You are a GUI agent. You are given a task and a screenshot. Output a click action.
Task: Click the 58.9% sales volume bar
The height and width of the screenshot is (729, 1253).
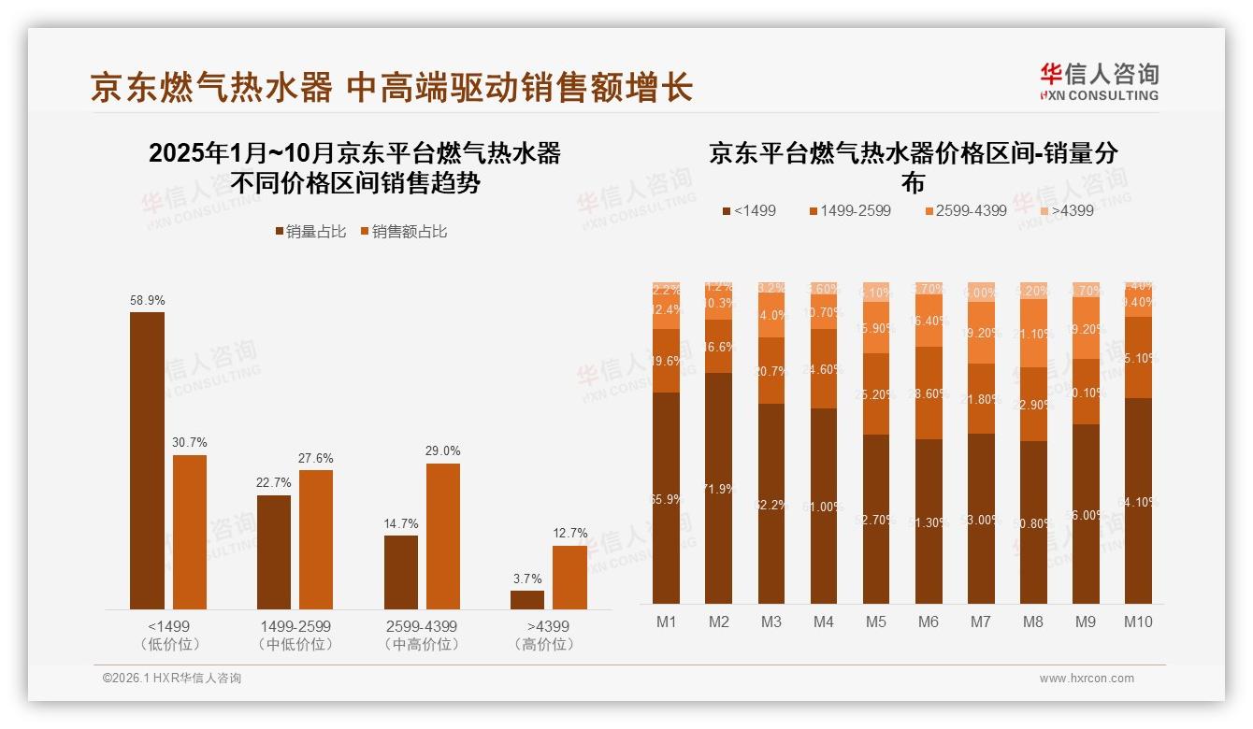point(147,461)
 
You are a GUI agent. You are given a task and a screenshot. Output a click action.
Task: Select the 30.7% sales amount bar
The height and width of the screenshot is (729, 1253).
point(190,532)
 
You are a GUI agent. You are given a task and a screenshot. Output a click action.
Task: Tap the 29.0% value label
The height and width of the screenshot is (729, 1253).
point(443,451)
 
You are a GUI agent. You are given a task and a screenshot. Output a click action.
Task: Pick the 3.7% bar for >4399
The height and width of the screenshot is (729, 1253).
point(527,599)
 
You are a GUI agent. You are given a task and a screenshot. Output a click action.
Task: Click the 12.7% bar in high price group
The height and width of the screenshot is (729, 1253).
point(569,577)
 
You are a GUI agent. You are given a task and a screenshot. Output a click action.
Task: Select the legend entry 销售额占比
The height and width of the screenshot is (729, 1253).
point(403,232)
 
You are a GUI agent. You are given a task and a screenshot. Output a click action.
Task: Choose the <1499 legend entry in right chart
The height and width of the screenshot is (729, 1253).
point(749,211)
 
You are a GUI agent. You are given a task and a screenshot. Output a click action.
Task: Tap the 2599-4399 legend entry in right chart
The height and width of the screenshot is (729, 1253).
point(965,211)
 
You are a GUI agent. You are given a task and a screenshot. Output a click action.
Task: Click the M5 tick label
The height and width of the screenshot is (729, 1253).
point(875,622)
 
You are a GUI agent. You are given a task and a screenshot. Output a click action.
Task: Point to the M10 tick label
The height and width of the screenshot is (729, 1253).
point(1138,622)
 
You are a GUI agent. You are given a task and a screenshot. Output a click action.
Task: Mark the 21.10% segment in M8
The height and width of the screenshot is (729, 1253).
point(1033,334)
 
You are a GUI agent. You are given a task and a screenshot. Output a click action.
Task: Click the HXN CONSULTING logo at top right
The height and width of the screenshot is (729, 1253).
point(1099,82)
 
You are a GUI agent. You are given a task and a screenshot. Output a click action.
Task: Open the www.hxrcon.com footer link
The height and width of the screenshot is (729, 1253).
point(1087,679)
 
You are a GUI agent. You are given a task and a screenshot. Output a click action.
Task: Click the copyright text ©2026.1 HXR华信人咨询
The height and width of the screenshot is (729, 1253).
point(171,679)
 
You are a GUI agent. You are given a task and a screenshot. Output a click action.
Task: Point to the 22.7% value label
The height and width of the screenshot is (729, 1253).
point(273,483)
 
